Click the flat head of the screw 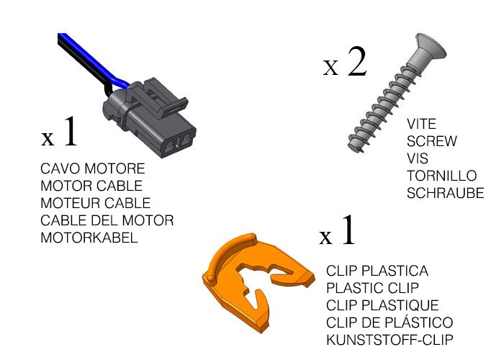pyautogui.click(x=431, y=48)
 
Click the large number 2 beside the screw pyautogui.click(x=357, y=61)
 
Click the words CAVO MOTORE pyautogui.click(x=93, y=168)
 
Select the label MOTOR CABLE pyautogui.click(x=91, y=186)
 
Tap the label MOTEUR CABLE pyautogui.click(x=96, y=203)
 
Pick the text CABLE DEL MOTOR pyautogui.click(x=107, y=220)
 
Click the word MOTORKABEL pyautogui.click(x=89, y=238)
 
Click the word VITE pyautogui.click(x=421, y=124)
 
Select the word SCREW pyautogui.click(x=432, y=141)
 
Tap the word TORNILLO pyautogui.click(x=441, y=176)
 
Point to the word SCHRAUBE pyautogui.click(x=445, y=193)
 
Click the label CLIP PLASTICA pyautogui.click(x=377, y=271)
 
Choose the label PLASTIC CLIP pyautogui.click(x=372, y=288)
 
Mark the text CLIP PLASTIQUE pyautogui.click(x=382, y=305)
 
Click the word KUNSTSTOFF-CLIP pyautogui.click(x=390, y=340)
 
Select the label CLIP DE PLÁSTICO pyautogui.click(x=390, y=323)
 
